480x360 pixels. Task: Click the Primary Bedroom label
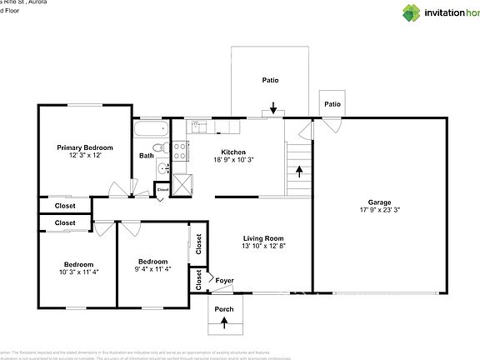84,147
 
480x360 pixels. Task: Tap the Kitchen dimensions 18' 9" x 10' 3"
232,160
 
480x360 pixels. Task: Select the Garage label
379,202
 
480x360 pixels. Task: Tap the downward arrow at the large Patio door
273,108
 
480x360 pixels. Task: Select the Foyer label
224,280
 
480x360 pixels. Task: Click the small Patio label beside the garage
332,104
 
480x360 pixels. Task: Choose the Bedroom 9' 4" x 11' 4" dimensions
152,269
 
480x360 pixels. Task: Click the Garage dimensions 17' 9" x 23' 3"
379,211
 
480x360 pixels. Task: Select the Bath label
146,156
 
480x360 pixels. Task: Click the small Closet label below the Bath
162,189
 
